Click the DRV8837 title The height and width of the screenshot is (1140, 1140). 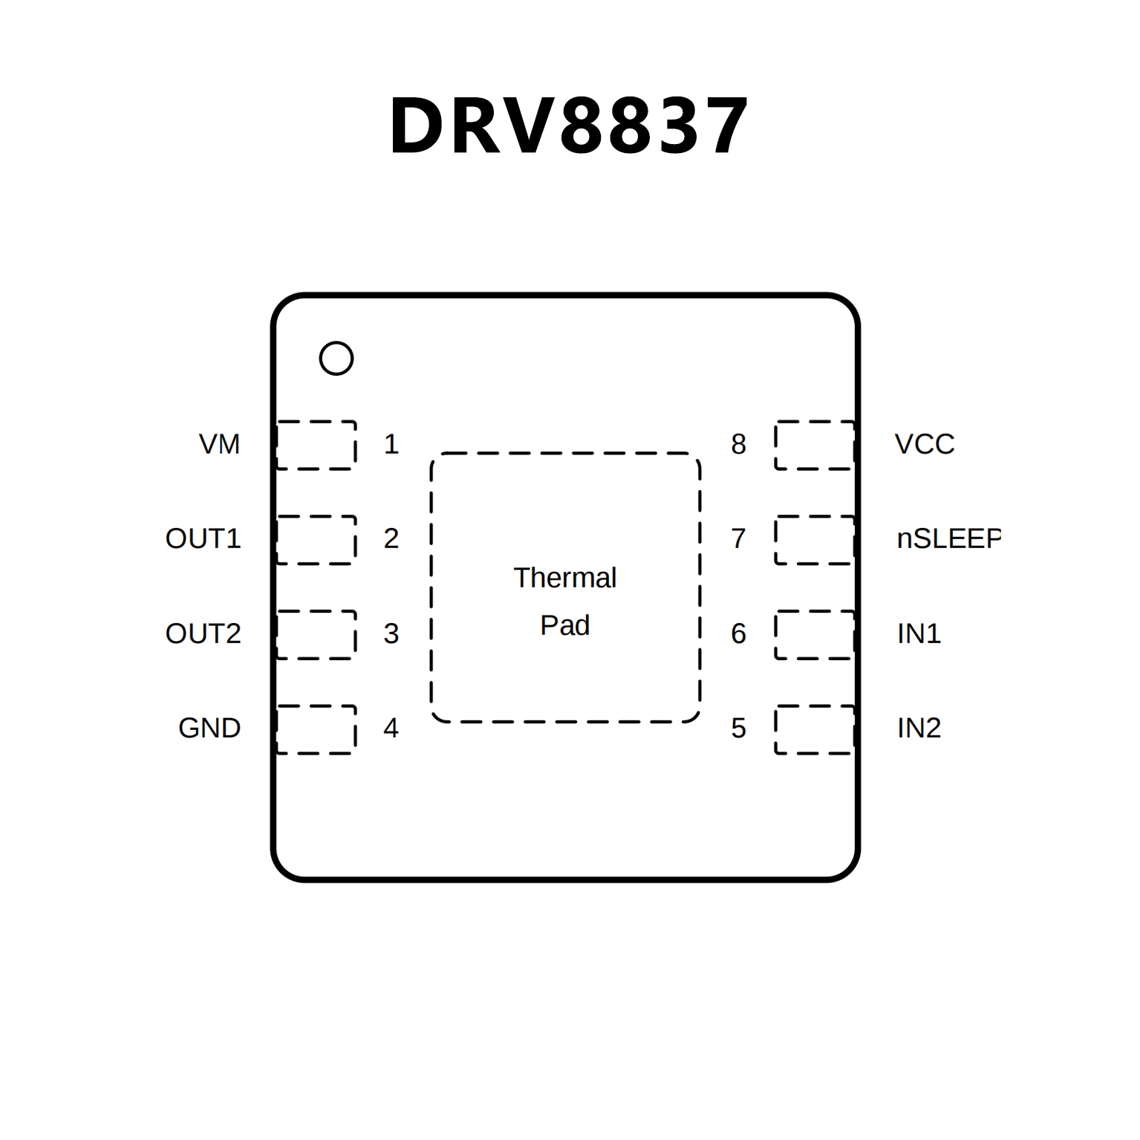pyautogui.click(x=568, y=126)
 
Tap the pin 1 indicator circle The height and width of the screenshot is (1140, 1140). pyautogui.click(x=336, y=359)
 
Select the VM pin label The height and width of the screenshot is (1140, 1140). pyautogui.click(x=219, y=444)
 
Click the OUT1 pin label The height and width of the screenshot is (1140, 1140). pyautogui.click(x=203, y=538)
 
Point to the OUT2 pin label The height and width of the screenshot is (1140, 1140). pyautogui.click(x=203, y=633)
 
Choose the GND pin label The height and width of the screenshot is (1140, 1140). pyautogui.click(x=209, y=728)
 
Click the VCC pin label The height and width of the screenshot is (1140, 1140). pyautogui.click(x=924, y=444)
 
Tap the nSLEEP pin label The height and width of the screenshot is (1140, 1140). pyautogui.click(x=948, y=538)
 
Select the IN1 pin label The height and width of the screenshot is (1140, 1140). pyautogui.click(x=919, y=633)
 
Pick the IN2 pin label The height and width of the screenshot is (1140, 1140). pyautogui.click(x=919, y=728)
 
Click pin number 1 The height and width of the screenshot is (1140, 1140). pyautogui.click(x=391, y=444)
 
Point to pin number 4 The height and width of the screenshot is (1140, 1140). pyautogui.click(x=391, y=728)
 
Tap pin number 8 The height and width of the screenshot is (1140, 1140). pyautogui.click(x=738, y=444)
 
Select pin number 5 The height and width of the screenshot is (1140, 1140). pyautogui.click(x=738, y=728)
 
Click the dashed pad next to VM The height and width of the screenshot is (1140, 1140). pyautogui.click(x=316, y=445)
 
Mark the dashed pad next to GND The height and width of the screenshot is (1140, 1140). pyautogui.click(x=316, y=729)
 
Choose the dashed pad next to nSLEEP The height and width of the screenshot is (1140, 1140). pyautogui.click(x=814, y=540)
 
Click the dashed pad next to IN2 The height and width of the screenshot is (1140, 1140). pyautogui.click(x=814, y=729)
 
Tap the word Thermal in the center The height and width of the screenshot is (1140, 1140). pyautogui.click(x=564, y=578)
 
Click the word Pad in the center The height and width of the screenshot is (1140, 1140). pyautogui.click(x=564, y=625)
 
